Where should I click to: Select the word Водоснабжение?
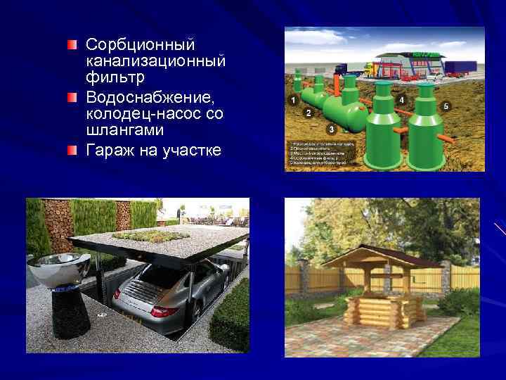tap(151, 96)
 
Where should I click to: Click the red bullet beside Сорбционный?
tap(72, 44)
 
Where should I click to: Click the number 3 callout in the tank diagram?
tap(331, 129)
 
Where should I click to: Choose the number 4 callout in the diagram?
tap(401, 101)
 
